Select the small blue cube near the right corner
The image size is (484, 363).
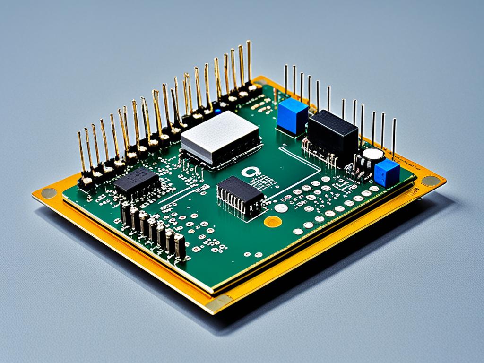[x=387, y=172]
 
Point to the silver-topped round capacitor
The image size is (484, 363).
[x=373, y=154]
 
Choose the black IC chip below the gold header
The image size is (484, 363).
[x=137, y=182]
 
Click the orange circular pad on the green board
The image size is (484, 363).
[x=273, y=221]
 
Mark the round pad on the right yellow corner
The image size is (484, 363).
[x=430, y=181]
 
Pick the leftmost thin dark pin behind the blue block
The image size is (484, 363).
[x=285, y=80]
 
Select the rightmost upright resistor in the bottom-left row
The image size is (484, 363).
[x=180, y=245]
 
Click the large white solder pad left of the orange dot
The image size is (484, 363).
[x=281, y=207]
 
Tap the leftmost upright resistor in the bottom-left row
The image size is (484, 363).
[x=125, y=213]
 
